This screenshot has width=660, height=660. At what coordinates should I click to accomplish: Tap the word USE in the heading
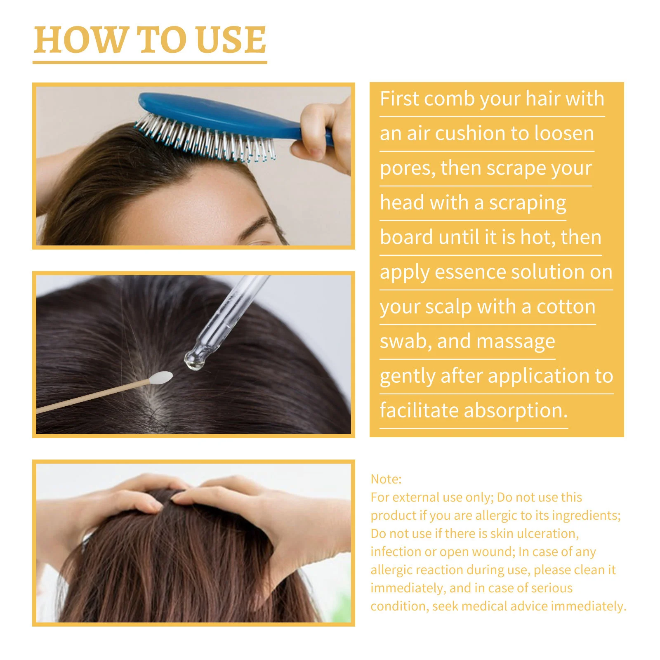pos(231,40)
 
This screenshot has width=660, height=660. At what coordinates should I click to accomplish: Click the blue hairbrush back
pos(214,111)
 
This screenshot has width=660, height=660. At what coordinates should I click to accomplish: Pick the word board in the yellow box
pos(406,238)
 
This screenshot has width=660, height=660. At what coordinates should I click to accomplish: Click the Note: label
pos(386,479)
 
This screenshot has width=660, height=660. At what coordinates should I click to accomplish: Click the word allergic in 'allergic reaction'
pos(393,570)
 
